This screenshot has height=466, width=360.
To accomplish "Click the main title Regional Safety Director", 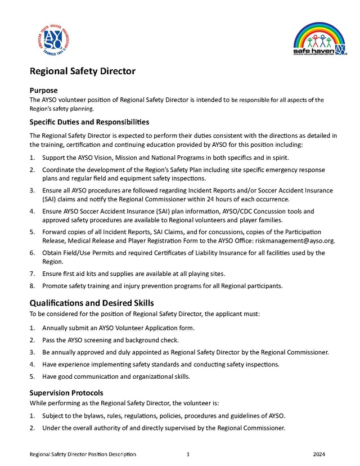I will pos(82,71).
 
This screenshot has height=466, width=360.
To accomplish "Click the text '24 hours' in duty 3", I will pos(228,199).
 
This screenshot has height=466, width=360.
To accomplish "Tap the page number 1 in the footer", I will pos(188,454).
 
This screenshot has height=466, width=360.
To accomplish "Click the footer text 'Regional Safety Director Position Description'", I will pos(83,454).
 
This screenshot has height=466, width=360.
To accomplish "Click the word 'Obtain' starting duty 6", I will pos(52,253).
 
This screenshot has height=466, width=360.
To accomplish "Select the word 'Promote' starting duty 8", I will pos(55,286).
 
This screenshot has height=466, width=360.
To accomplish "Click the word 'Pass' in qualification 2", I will pos(48,340).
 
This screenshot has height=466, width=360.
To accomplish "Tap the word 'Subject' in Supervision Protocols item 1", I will pos(53,416).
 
